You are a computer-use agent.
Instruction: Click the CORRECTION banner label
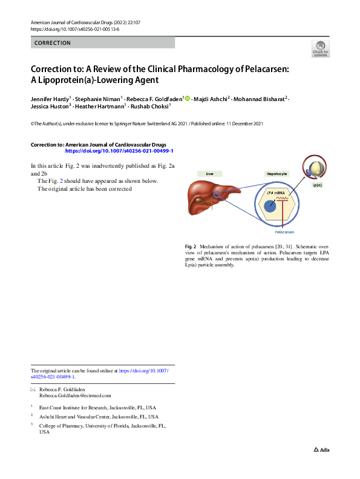point(53,43)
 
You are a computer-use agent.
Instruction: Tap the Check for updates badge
point(320,49)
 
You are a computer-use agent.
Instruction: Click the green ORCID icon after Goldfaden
point(188,98)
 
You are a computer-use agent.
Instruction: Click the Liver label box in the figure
point(210,173)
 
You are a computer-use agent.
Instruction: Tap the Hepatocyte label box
point(277,173)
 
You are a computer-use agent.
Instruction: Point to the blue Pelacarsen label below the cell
point(284,232)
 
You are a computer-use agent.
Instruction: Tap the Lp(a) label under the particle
point(317,185)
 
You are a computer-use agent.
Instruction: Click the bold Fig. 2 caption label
point(190,247)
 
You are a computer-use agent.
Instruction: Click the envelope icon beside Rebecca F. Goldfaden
point(33,389)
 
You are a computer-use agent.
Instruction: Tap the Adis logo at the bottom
point(321,449)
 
